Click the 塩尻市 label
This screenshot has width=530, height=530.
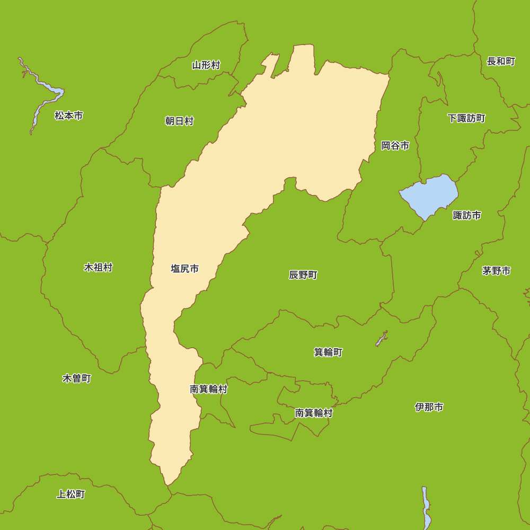(184, 269)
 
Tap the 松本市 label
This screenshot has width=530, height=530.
(69, 116)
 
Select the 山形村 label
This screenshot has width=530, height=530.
(206, 65)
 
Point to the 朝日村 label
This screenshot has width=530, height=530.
(179, 121)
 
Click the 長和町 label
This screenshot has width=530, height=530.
(501, 61)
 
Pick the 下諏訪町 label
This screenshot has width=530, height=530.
(466, 118)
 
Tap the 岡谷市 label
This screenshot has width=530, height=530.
(395, 146)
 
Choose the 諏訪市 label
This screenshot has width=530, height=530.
(467, 215)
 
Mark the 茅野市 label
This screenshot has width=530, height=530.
(497, 271)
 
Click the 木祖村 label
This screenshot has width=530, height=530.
(98, 268)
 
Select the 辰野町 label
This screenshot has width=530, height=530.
(303, 275)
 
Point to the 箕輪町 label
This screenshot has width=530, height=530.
(328, 352)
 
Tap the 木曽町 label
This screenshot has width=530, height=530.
(77, 378)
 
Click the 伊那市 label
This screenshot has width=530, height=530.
(429, 407)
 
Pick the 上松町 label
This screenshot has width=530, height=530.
(70, 494)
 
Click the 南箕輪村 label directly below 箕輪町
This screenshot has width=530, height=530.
(314, 413)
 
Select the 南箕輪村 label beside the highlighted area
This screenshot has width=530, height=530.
(208, 390)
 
